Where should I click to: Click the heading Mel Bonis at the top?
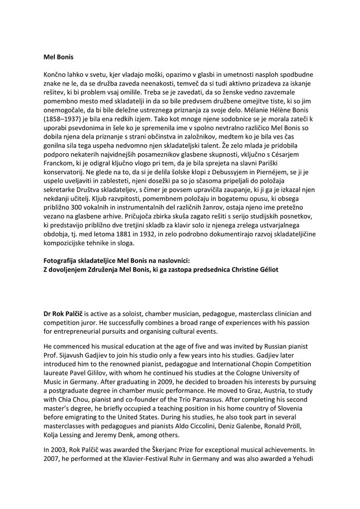[x=59, y=57]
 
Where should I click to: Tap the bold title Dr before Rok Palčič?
[x=49, y=313]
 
